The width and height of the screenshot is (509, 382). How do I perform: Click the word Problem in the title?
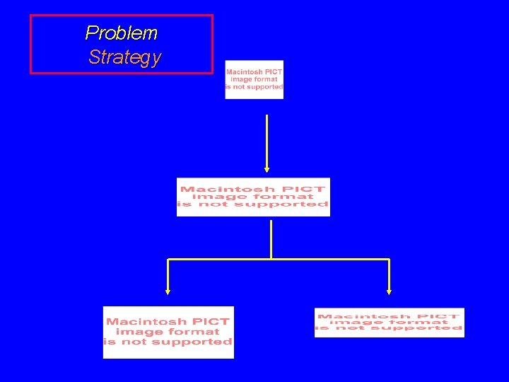[121, 33]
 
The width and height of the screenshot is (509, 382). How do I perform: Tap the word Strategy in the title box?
[124, 57]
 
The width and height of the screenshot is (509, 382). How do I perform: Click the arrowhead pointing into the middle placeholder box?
[267, 168]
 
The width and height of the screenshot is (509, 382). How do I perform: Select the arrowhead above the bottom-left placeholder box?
[168, 289]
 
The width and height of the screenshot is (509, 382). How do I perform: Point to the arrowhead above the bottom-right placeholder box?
[389, 289]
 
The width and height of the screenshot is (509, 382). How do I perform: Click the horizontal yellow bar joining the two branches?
[325, 260]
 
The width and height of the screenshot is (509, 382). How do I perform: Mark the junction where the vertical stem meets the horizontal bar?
[271, 259]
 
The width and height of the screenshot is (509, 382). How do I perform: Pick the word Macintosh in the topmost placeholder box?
[242, 72]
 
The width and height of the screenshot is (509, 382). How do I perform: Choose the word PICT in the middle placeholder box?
[306, 189]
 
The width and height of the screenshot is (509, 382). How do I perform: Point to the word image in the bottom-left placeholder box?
[139, 332]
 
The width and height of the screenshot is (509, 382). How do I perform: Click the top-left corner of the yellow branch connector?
[168, 260]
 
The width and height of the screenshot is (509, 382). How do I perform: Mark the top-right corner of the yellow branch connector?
[389, 260]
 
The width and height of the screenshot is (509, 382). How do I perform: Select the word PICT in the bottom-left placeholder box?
[211, 322]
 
